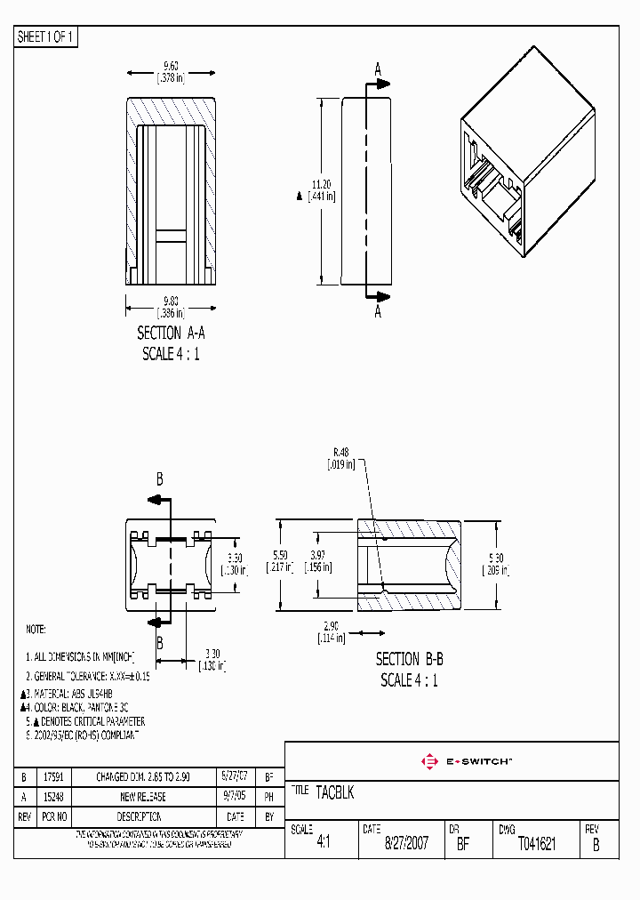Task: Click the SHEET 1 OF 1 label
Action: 46,37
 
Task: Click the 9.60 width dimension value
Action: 171,65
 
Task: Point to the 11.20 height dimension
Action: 321,184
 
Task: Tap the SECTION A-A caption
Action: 171,333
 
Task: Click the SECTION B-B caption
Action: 409,659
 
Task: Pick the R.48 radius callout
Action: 341,452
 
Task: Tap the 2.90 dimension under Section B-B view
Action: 332,625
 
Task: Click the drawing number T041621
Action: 536,844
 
